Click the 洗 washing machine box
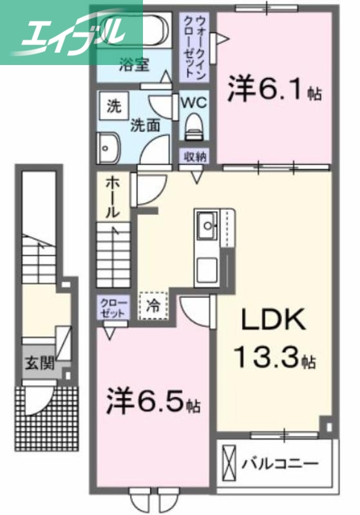tap(113, 105)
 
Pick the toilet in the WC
tap(193, 128)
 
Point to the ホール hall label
tap(111, 196)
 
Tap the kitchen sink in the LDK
tap(207, 225)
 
